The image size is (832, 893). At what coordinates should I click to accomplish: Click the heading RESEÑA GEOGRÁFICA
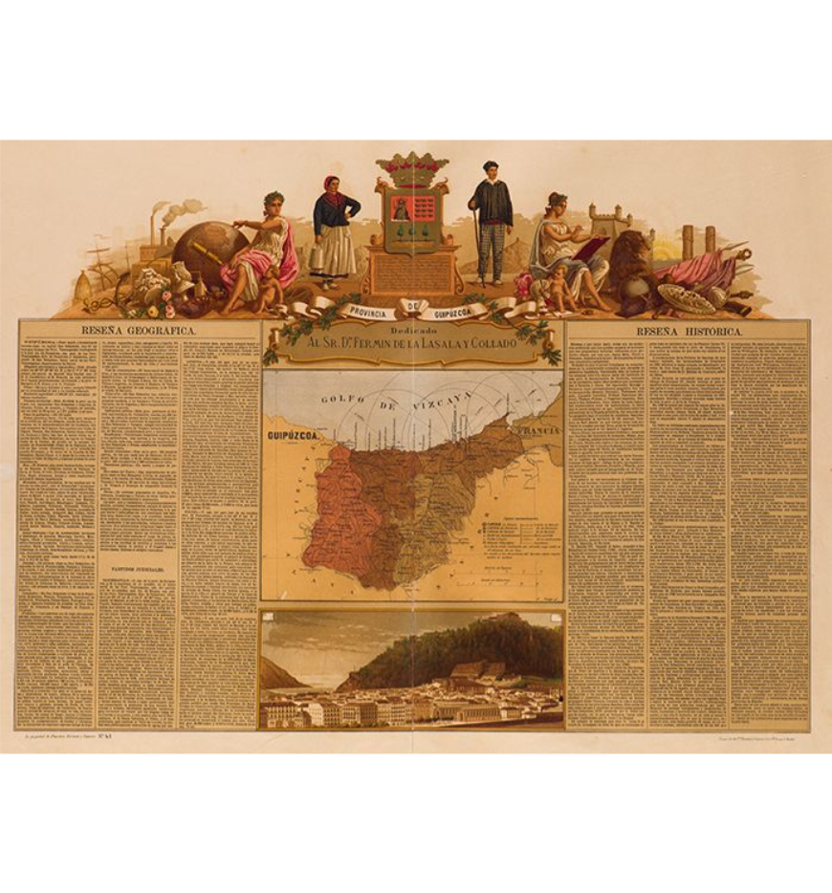point(139,330)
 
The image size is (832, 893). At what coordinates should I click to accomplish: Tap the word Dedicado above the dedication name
point(412,328)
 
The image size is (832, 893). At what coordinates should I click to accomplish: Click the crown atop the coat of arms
point(412,167)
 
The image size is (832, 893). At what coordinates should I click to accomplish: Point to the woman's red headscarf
point(331,182)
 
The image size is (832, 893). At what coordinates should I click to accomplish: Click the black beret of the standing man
point(491,165)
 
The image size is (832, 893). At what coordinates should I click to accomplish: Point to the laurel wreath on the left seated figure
point(274,196)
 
